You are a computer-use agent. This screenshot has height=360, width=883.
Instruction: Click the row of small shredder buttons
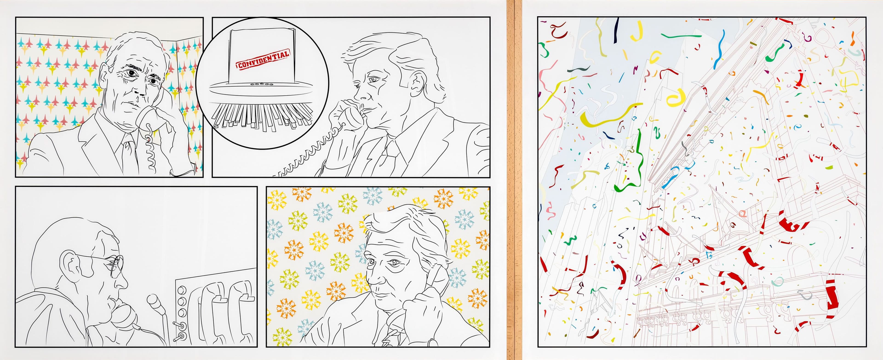pyautogui.click(x=261, y=83)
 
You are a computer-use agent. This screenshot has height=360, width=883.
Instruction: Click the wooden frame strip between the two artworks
pyautogui.click(x=514, y=180)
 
